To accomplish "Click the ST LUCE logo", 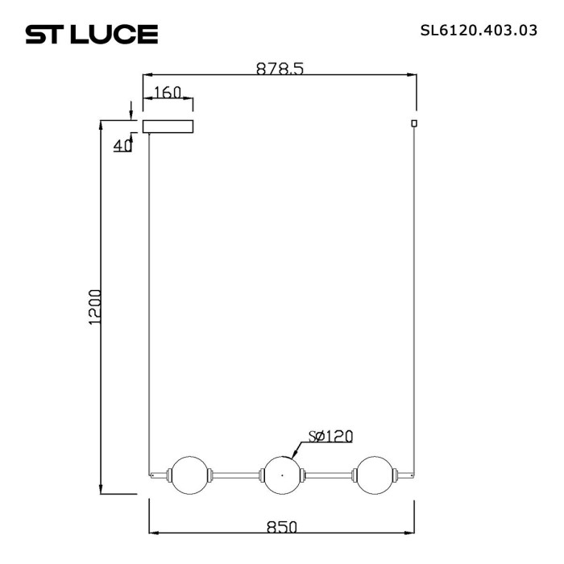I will click(91, 34).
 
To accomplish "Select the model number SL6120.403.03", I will click(479, 32).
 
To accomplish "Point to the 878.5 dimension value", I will click(280, 69).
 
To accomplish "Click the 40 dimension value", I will click(122, 146).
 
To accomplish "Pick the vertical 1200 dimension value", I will click(95, 306).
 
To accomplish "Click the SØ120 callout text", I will click(330, 436).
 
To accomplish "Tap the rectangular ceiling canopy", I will click(168, 126).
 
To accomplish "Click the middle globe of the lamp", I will click(281, 475).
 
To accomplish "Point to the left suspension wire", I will click(150, 306).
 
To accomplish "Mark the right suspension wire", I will click(415, 306).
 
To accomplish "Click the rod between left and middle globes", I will click(235, 475).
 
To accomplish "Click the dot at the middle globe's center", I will click(281, 475).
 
